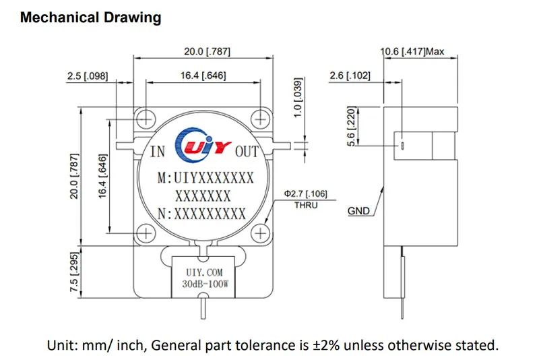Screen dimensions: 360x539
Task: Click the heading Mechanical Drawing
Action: (90, 18)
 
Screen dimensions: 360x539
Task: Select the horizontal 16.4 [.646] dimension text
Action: (203, 76)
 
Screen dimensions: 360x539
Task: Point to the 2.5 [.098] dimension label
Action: (88, 77)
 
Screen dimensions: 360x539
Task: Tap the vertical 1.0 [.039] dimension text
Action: (298, 98)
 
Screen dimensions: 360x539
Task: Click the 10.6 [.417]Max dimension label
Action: (413, 51)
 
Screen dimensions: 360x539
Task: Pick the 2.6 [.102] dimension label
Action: (350, 77)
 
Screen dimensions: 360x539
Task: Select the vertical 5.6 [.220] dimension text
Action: (351, 126)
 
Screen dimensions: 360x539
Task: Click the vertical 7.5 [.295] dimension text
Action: (75, 272)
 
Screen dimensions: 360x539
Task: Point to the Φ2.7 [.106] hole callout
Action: (305, 194)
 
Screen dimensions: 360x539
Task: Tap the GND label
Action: (358, 211)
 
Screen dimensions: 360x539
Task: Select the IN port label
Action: (157, 152)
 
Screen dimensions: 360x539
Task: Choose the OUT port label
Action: (246, 152)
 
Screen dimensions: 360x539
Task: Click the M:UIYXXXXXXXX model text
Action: (205, 179)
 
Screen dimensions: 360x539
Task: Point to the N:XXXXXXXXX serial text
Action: (201, 214)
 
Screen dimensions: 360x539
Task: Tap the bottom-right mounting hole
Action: (260, 233)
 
